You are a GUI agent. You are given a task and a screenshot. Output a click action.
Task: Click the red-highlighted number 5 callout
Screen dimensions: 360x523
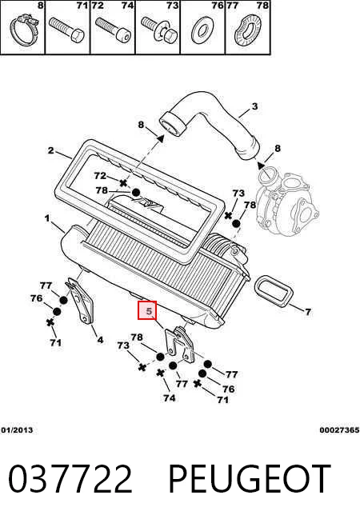click(147, 310)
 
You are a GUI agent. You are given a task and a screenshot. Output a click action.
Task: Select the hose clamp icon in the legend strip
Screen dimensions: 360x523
click(24, 31)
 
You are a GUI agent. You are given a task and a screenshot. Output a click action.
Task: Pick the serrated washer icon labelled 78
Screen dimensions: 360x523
click(248, 30)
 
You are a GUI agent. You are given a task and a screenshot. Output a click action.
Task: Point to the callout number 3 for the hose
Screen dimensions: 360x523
click(254, 106)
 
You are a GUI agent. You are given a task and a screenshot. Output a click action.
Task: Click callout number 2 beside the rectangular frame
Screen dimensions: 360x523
click(50, 150)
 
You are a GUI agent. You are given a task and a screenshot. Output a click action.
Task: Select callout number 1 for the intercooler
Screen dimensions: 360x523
click(47, 218)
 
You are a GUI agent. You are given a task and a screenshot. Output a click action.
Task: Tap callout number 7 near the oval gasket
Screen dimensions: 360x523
click(308, 312)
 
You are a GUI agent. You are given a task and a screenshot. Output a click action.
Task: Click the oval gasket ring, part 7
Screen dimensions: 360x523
click(274, 290)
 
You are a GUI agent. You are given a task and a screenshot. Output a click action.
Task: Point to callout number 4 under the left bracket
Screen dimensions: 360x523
click(100, 340)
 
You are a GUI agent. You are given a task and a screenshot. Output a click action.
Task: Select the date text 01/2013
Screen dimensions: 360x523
click(17, 430)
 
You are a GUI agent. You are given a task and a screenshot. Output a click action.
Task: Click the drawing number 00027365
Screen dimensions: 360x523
click(339, 430)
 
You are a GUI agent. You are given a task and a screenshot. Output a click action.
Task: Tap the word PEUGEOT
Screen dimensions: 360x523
click(250, 479)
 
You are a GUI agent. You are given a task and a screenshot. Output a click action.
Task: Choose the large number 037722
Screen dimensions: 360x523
click(70, 479)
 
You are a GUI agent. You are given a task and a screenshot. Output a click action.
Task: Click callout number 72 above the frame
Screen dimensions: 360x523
click(100, 175)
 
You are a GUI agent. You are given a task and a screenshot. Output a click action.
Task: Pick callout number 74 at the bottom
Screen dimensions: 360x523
click(169, 397)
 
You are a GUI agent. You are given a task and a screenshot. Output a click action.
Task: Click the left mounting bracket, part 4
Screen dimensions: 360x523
click(80, 300)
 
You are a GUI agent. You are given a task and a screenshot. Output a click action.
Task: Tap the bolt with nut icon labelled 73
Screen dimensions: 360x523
click(159, 30)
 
